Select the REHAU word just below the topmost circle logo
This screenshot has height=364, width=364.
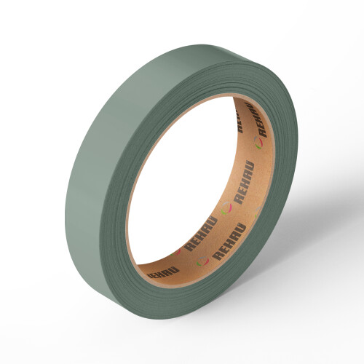click(x=245, y=182)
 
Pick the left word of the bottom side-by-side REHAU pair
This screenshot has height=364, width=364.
click(x=200, y=234)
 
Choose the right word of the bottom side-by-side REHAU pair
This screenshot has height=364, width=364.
click(x=229, y=242)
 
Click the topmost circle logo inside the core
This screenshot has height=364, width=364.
click(x=258, y=143)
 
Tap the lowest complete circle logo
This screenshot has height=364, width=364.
click(x=203, y=261)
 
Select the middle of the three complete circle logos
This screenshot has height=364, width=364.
click(x=226, y=208)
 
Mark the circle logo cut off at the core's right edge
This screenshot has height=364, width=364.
click(x=258, y=212)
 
